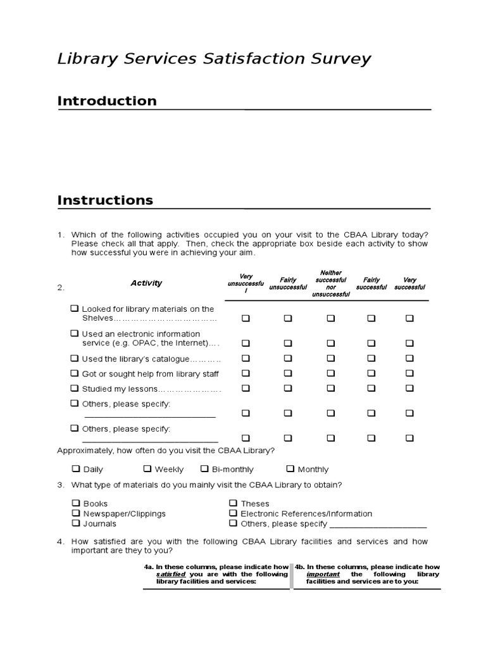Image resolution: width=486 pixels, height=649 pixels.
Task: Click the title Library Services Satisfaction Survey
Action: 214,60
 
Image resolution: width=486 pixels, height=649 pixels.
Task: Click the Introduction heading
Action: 107,101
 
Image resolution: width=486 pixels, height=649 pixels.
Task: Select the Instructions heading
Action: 105,200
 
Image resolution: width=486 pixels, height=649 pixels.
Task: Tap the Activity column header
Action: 146,283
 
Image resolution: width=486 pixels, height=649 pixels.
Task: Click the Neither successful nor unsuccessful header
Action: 330,283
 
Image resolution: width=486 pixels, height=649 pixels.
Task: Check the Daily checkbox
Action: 75,469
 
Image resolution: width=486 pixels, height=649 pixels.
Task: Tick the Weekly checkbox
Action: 147,469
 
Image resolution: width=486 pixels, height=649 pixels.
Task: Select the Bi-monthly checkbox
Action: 204,469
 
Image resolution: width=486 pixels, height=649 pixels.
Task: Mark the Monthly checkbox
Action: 290,469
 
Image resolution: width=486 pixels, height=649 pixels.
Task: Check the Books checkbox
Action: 75,503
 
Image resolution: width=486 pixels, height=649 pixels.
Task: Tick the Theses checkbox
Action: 233,503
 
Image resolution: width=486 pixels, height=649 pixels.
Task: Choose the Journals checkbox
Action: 75,524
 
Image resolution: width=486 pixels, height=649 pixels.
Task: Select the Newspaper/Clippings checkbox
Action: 75,513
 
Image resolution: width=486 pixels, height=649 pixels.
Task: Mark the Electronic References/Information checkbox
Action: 233,513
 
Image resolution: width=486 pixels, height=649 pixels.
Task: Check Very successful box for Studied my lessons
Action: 409,388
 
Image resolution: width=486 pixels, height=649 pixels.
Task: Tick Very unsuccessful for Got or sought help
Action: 246,373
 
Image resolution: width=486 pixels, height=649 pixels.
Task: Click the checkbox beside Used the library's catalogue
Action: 75,358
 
